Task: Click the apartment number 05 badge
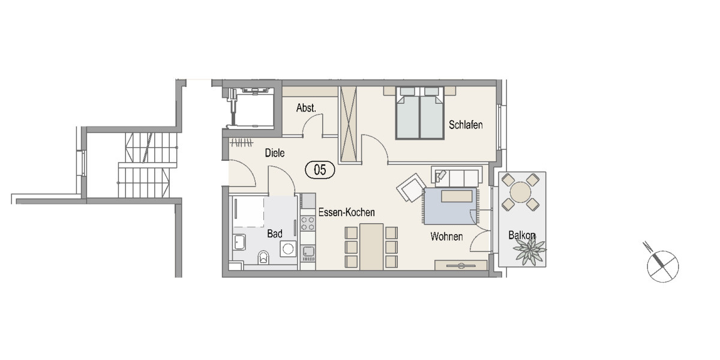click(x=320, y=170)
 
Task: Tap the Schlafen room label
click(x=466, y=125)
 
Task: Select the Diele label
click(x=274, y=154)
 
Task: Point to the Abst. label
click(x=306, y=109)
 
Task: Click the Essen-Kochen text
click(x=347, y=212)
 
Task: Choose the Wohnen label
click(x=446, y=237)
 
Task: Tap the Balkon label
click(x=522, y=236)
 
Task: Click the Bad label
click(x=275, y=234)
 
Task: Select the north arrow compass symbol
click(x=662, y=265)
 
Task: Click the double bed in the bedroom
click(x=419, y=114)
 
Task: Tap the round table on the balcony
click(x=520, y=192)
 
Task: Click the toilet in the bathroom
click(x=264, y=259)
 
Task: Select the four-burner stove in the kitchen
click(x=308, y=224)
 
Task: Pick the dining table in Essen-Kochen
click(x=371, y=246)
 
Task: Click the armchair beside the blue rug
click(x=411, y=188)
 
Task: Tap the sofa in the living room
click(x=456, y=176)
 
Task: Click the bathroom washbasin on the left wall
click(x=239, y=242)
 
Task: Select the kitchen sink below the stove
click(x=308, y=251)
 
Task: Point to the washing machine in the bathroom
click(x=289, y=248)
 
